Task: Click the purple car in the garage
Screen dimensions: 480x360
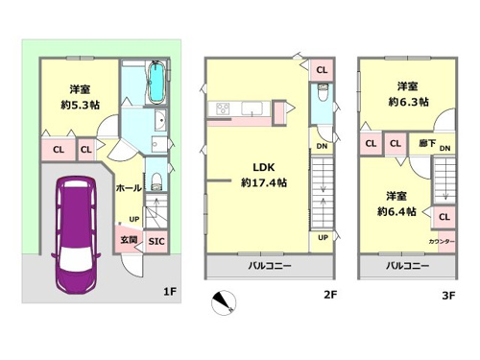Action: [x=76, y=235]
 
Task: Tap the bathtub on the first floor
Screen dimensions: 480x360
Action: [x=156, y=82]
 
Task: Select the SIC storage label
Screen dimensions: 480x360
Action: [x=156, y=241]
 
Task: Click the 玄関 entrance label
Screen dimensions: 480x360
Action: [x=129, y=239]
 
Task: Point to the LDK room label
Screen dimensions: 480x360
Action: [x=264, y=167]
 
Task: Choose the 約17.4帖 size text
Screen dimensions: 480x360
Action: [x=264, y=182]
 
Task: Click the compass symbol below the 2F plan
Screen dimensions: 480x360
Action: [x=224, y=302]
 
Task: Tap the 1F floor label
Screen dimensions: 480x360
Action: [x=170, y=292]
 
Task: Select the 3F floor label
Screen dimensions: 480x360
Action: [x=448, y=296]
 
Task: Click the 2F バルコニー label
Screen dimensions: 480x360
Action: [x=270, y=266]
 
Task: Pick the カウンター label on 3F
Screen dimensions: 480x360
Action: [x=442, y=242]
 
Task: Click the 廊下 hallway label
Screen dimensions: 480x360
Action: [x=428, y=143]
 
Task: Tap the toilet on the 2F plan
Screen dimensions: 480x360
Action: [x=322, y=91]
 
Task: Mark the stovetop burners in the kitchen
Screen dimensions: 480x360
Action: [x=223, y=108]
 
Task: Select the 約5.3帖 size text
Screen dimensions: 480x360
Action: [x=80, y=105]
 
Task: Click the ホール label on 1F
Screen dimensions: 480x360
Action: [x=129, y=188]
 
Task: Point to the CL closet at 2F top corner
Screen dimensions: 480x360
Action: [x=322, y=70]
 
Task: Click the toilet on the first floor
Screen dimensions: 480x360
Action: [x=156, y=181]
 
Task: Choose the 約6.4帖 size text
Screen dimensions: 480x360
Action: [x=396, y=211]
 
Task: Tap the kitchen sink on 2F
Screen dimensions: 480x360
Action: [x=252, y=108]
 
